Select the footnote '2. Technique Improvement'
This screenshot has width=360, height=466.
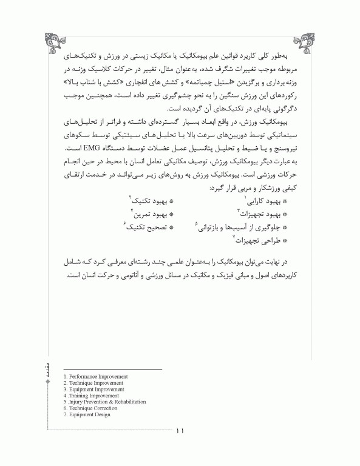93,383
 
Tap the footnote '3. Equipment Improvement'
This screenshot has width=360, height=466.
95,390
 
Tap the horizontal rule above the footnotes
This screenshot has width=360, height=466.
112,370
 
